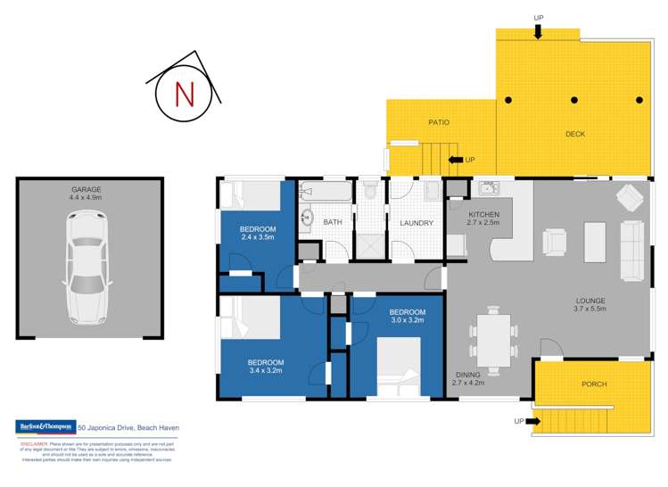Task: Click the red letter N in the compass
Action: pyautogui.click(x=185, y=93)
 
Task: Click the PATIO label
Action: pyautogui.click(x=438, y=122)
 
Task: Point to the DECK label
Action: pyautogui.click(x=575, y=135)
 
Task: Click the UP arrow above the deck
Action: pyautogui.click(x=538, y=32)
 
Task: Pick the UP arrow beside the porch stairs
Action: pyautogui.click(x=525, y=420)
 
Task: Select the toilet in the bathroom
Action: pyautogui.click(x=369, y=190)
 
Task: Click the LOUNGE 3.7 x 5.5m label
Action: pyautogui.click(x=589, y=304)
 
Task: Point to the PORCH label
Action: pyautogui.click(x=594, y=384)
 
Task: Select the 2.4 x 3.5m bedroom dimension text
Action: pyautogui.click(x=258, y=238)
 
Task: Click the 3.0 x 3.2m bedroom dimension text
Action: pyautogui.click(x=406, y=318)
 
